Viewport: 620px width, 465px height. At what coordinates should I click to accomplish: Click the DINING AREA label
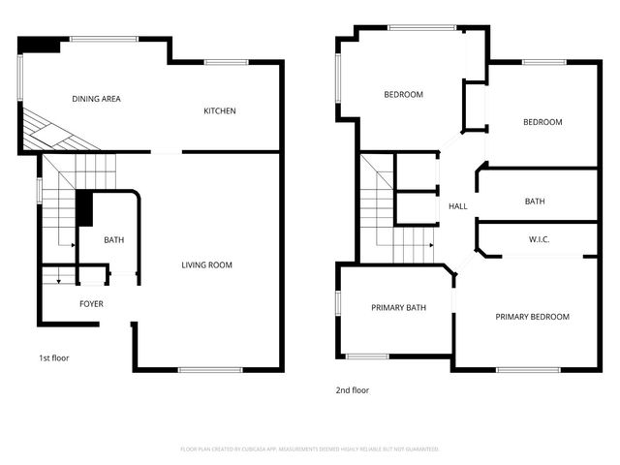coord(96,99)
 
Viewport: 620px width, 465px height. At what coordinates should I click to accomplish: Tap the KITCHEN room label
coord(219,110)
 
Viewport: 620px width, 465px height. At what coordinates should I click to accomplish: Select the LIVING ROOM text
coord(207,264)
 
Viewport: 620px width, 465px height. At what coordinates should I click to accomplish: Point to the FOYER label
coord(91,304)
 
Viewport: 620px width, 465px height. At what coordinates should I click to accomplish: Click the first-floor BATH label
coord(113,240)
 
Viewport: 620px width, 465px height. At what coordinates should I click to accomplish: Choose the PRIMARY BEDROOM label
coord(532,317)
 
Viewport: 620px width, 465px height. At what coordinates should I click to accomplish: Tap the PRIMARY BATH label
coord(399,308)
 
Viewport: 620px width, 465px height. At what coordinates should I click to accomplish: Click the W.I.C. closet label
coord(540,239)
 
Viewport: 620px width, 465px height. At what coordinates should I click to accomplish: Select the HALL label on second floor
coord(458,206)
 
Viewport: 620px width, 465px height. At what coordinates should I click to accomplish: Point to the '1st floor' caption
coord(54,357)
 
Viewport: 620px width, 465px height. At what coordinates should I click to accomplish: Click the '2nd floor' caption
coord(353,390)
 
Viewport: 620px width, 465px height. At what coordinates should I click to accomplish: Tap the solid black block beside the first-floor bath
coord(84,207)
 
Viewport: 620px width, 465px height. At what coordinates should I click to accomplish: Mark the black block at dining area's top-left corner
coord(41,45)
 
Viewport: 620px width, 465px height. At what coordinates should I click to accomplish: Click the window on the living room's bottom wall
coord(210,369)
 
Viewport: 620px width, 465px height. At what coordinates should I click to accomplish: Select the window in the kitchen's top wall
coord(226,63)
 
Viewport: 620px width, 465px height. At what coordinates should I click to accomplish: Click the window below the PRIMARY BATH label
coord(368,356)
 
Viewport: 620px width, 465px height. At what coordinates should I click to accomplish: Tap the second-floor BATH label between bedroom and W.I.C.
coord(535,201)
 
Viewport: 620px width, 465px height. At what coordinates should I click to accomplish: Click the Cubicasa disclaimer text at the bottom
coord(310,449)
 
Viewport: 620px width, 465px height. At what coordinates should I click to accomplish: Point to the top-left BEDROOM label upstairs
coord(403,94)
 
